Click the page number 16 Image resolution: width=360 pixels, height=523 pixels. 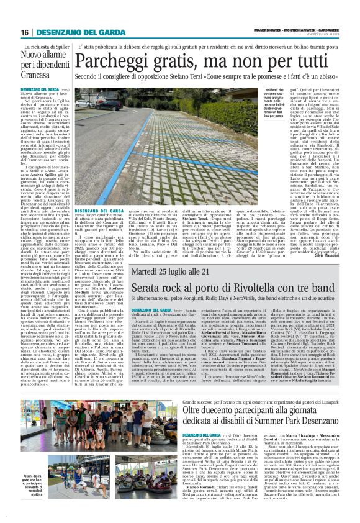(24, 32)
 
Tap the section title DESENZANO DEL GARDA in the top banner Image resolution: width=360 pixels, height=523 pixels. (77, 32)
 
